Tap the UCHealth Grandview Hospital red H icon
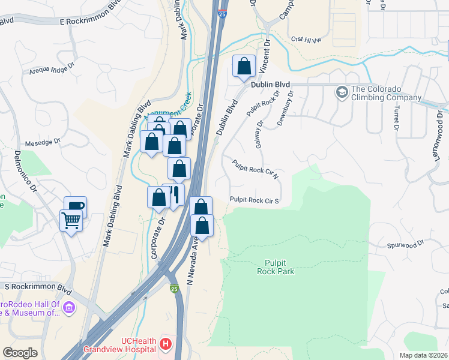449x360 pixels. tap(165, 345)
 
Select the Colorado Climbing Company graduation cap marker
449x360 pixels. tap(342, 92)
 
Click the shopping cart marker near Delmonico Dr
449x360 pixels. tap(71, 221)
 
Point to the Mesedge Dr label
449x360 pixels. tap(43, 143)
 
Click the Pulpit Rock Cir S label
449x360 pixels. tap(255, 200)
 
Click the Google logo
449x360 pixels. tap(20, 353)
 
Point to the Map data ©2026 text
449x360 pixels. tap(424, 355)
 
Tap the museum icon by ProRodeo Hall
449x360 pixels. tap(69, 308)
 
